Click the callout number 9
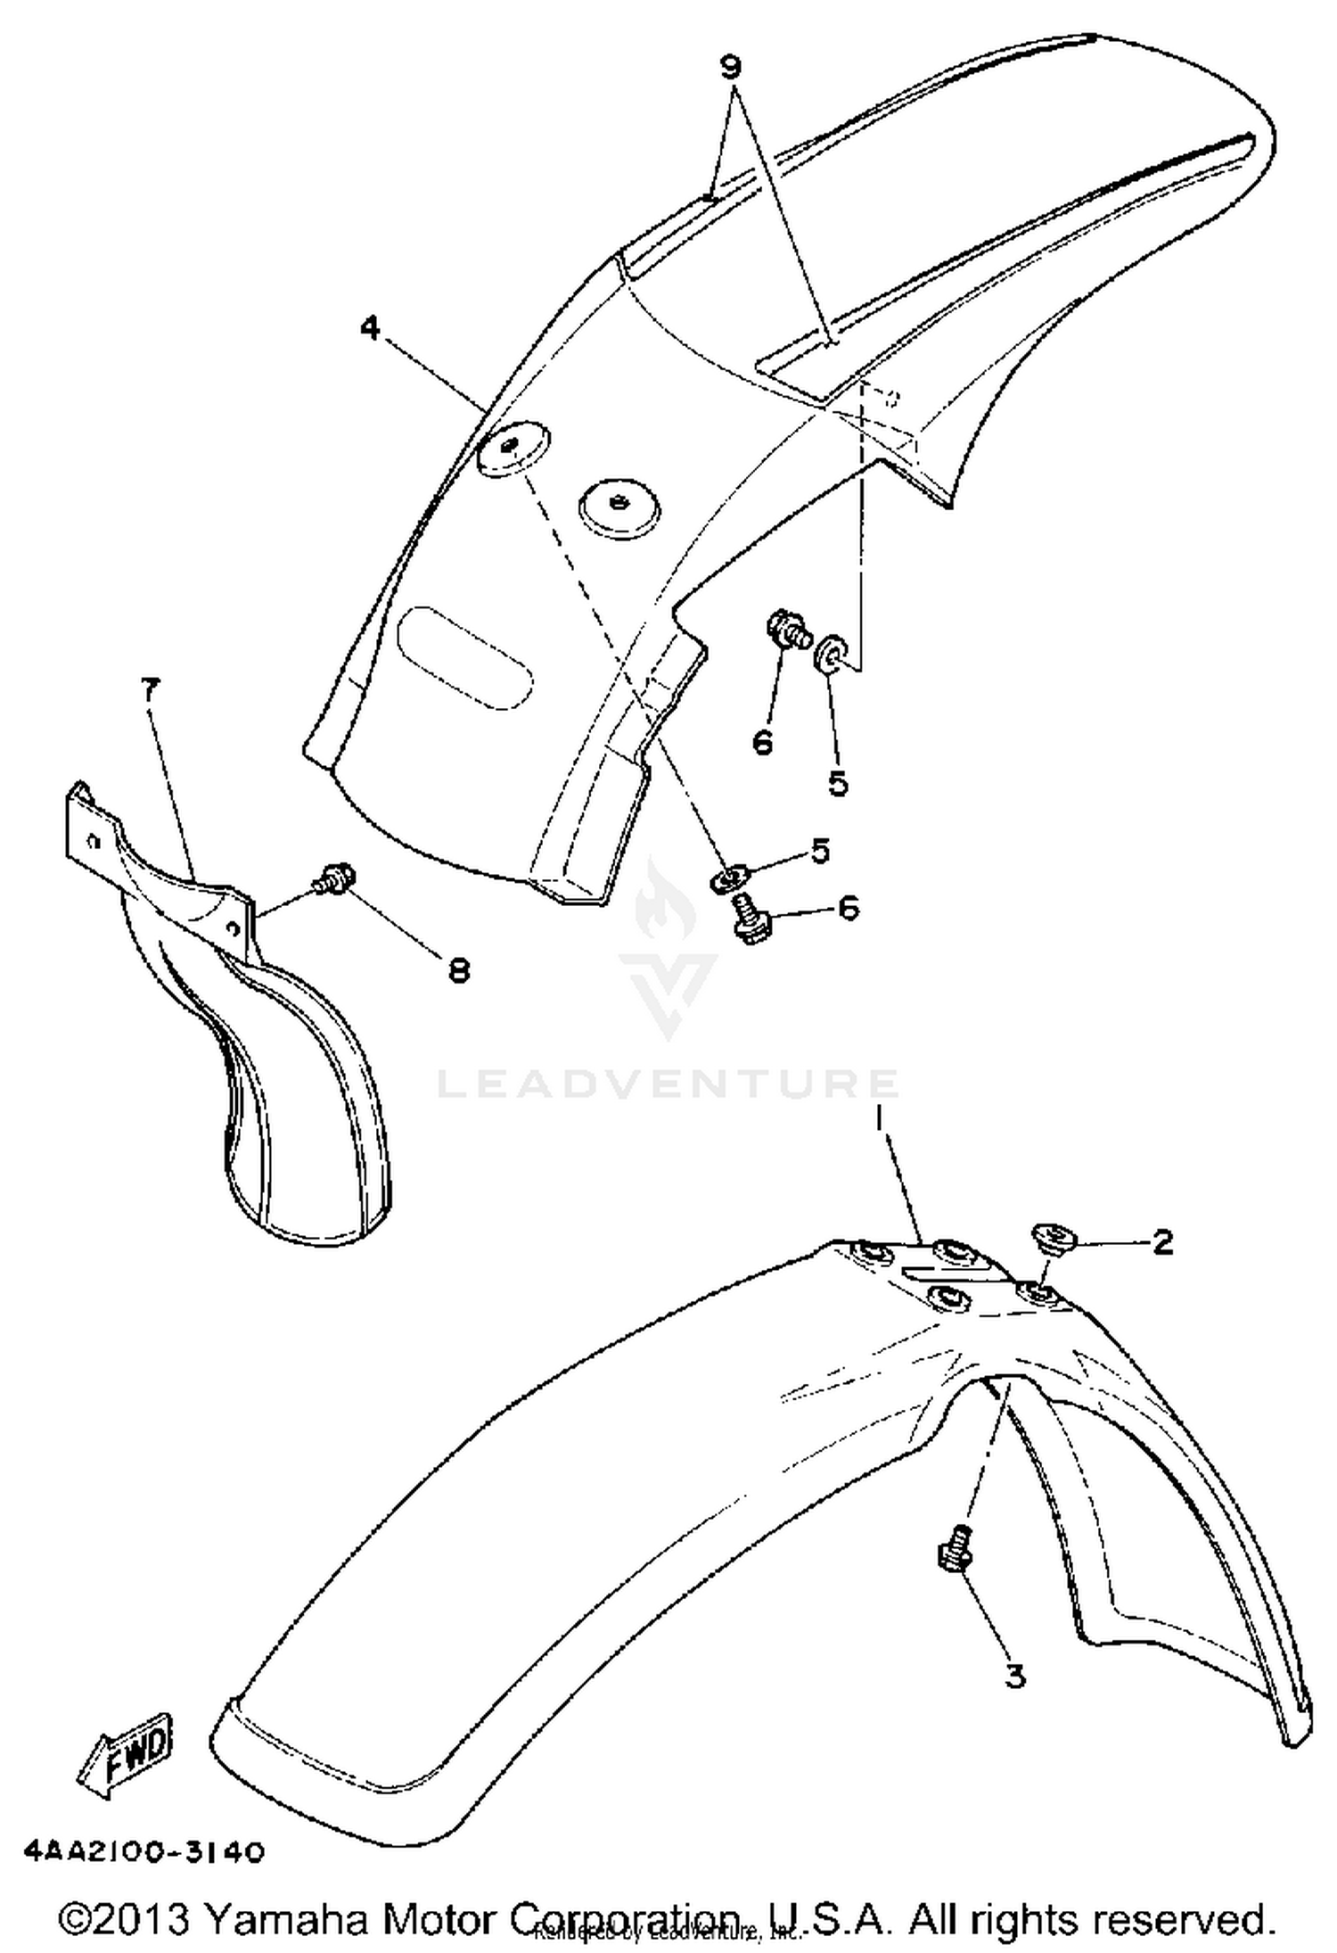[731, 67]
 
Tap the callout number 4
[370, 328]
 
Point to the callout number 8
[458, 969]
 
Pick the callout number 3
[1014, 1676]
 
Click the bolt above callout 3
[954, 1549]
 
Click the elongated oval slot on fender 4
[464, 657]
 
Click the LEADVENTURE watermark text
[668, 1084]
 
